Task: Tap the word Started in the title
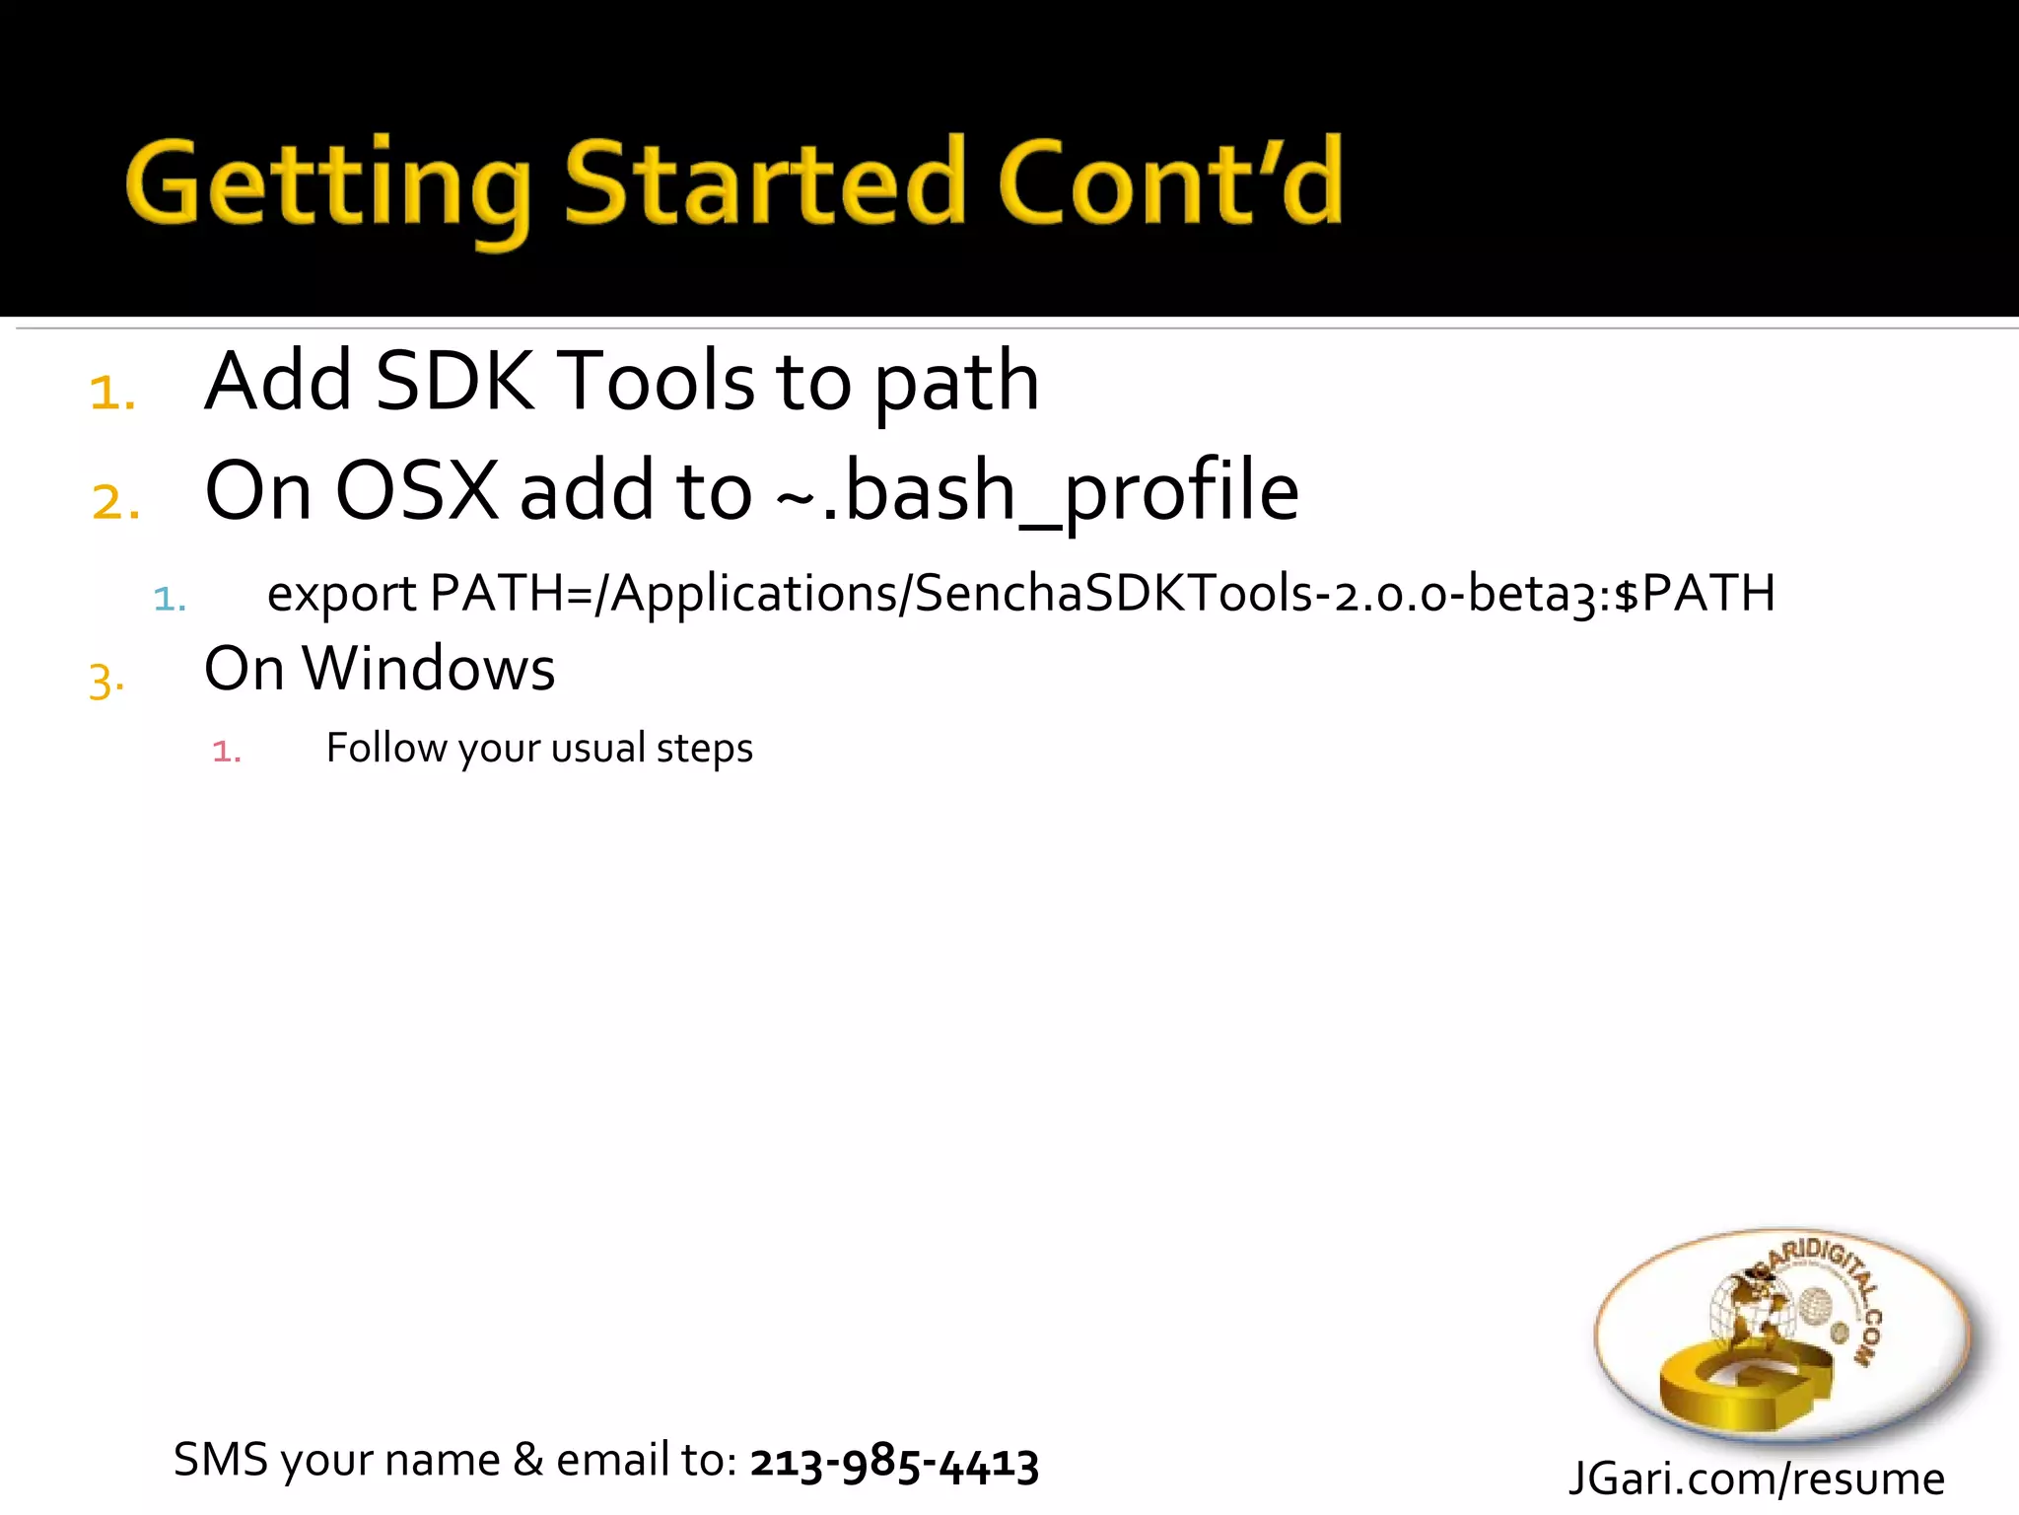[x=764, y=182]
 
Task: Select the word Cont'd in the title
[x=1170, y=182]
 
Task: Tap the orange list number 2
[x=114, y=502]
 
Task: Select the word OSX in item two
[x=417, y=491]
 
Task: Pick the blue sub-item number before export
[x=169, y=599]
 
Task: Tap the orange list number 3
[x=106, y=681]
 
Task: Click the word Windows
[x=429, y=670]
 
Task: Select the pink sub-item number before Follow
[x=226, y=752]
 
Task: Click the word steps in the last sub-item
[x=704, y=749]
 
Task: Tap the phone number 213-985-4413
[x=894, y=1462]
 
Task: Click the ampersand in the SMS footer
[x=528, y=1460]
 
